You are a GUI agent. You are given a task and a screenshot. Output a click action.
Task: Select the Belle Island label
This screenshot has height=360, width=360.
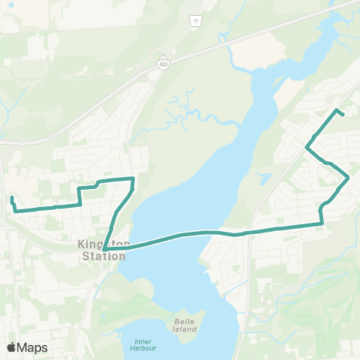click(x=184, y=325)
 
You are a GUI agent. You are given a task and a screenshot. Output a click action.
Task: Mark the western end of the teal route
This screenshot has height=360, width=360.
click(x=12, y=198)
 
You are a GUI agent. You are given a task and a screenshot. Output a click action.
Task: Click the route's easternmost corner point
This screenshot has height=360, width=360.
click(x=349, y=178)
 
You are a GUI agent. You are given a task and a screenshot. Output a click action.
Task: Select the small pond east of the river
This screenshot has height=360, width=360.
click(x=263, y=178)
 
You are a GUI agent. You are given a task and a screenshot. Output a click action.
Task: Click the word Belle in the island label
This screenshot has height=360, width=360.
click(x=184, y=320)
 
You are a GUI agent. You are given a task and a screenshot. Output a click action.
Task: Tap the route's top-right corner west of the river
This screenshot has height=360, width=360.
click(x=133, y=178)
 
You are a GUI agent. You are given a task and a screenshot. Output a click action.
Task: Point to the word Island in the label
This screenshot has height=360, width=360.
click(x=184, y=329)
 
